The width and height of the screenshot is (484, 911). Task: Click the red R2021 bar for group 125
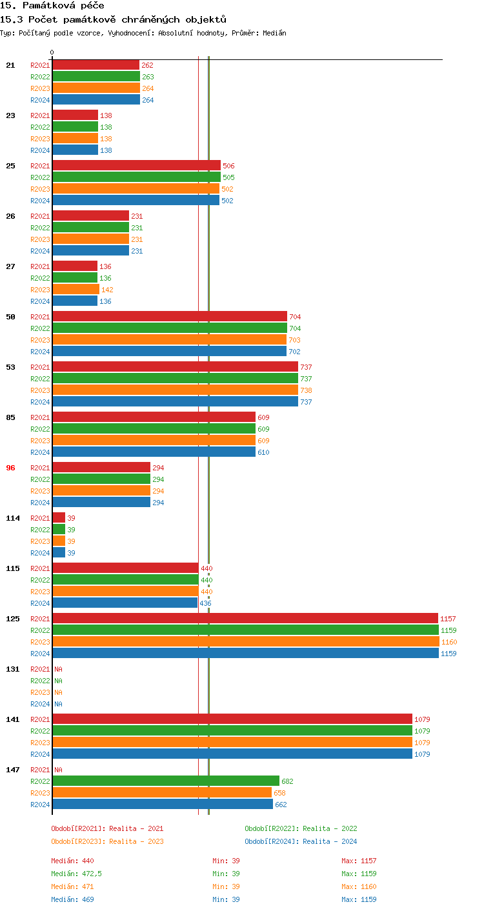(x=245, y=619)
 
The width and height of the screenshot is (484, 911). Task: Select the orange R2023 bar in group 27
(x=76, y=290)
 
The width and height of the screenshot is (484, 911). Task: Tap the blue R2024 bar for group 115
(x=125, y=603)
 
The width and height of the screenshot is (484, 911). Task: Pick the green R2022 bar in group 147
(x=166, y=781)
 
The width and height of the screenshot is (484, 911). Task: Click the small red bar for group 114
(x=59, y=518)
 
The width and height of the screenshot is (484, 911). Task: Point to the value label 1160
(x=449, y=642)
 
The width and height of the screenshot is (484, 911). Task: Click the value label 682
(x=287, y=781)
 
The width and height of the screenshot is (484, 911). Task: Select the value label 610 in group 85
(x=263, y=452)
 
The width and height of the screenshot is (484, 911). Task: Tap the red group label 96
(x=10, y=468)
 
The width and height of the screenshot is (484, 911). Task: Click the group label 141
(x=13, y=719)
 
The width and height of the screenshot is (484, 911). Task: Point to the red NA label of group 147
(x=58, y=770)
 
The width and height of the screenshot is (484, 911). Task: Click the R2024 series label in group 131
(x=40, y=704)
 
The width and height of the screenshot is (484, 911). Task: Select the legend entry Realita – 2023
(x=107, y=841)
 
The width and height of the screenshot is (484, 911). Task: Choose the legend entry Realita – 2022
(x=301, y=828)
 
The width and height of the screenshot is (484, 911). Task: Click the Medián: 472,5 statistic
(x=76, y=874)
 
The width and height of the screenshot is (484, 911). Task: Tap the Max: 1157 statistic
(x=359, y=861)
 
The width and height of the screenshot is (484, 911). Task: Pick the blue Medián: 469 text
(x=72, y=899)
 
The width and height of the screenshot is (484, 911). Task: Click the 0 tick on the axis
(x=52, y=53)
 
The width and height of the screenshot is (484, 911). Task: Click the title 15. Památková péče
(x=52, y=6)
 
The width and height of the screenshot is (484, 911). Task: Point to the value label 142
(x=107, y=290)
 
